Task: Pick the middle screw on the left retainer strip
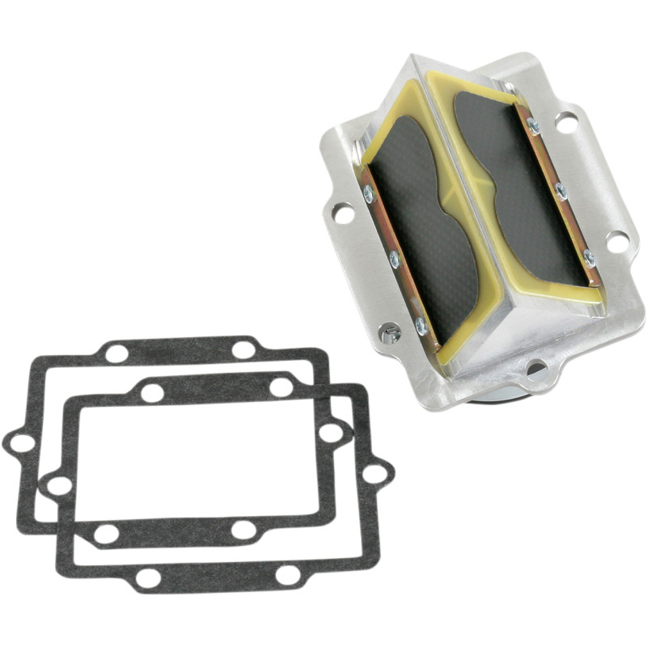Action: [395, 260]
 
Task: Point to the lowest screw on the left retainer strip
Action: [421, 325]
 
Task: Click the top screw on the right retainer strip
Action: [534, 125]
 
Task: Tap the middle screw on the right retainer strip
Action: [561, 192]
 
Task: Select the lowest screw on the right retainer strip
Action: [589, 259]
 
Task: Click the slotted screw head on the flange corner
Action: [390, 332]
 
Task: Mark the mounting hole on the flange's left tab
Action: [343, 214]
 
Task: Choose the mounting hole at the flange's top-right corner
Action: [566, 123]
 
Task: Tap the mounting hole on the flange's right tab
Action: [616, 240]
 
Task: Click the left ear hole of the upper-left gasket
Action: [22, 443]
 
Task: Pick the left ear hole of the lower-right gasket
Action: [59, 486]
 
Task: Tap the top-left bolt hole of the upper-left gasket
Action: [117, 353]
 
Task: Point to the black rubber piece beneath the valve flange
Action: [493, 394]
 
